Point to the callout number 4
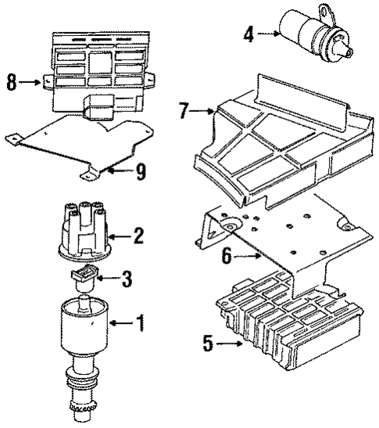point(249,34)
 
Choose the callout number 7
point(184,112)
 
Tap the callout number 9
point(140,171)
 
